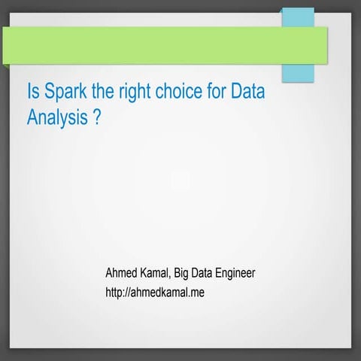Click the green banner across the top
tap(150, 45)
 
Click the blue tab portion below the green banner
tap(298, 72)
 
